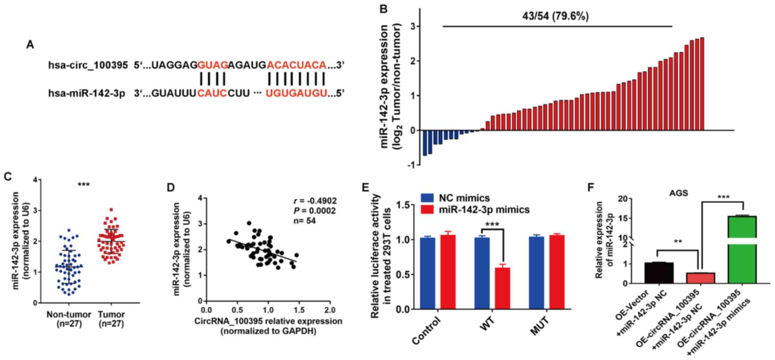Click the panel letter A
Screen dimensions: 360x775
(x=30, y=45)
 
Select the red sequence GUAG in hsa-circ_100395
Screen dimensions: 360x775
(x=213, y=65)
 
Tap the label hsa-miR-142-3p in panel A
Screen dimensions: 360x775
(x=87, y=94)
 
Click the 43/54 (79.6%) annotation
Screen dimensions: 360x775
(x=555, y=16)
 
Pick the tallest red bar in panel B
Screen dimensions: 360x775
(x=702, y=84)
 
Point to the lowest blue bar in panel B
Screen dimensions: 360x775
(x=425, y=143)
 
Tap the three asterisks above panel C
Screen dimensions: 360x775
(x=84, y=185)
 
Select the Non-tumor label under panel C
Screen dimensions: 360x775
(x=68, y=315)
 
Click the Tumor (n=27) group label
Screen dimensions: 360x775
(x=111, y=319)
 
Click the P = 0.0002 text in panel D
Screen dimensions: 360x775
(x=314, y=211)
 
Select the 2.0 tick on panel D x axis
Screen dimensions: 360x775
(x=329, y=310)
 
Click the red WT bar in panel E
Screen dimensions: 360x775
(x=502, y=288)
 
